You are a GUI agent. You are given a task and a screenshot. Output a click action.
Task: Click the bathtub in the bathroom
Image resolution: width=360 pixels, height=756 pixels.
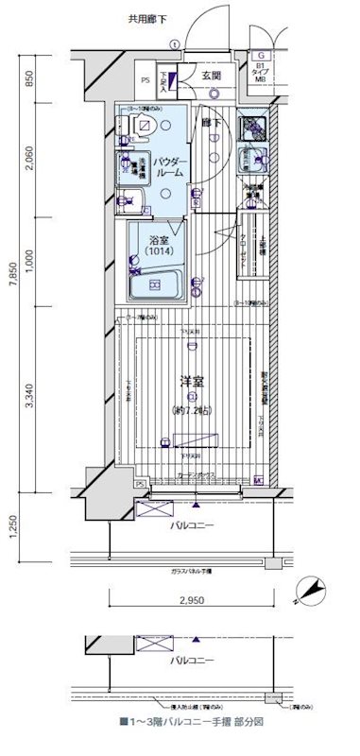coord(157,284)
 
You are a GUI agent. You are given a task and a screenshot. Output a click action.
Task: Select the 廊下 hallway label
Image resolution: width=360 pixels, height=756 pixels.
coord(208,123)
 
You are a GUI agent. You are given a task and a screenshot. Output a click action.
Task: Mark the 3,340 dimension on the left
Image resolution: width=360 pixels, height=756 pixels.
coord(30,403)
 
